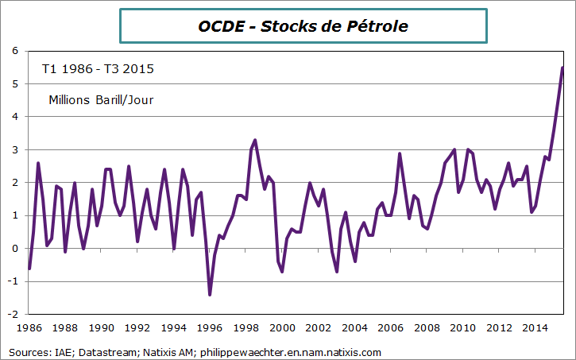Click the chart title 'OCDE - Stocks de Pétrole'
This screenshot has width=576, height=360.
[x=303, y=26]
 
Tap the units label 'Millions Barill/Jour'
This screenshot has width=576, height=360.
[x=101, y=100]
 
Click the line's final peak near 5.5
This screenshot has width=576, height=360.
[x=562, y=68]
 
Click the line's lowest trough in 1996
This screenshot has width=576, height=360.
[x=210, y=295]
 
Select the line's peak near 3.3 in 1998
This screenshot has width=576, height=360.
[x=254, y=140]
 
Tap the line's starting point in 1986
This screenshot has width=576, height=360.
[x=29, y=269]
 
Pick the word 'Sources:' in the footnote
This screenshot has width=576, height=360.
[x=27, y=352]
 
